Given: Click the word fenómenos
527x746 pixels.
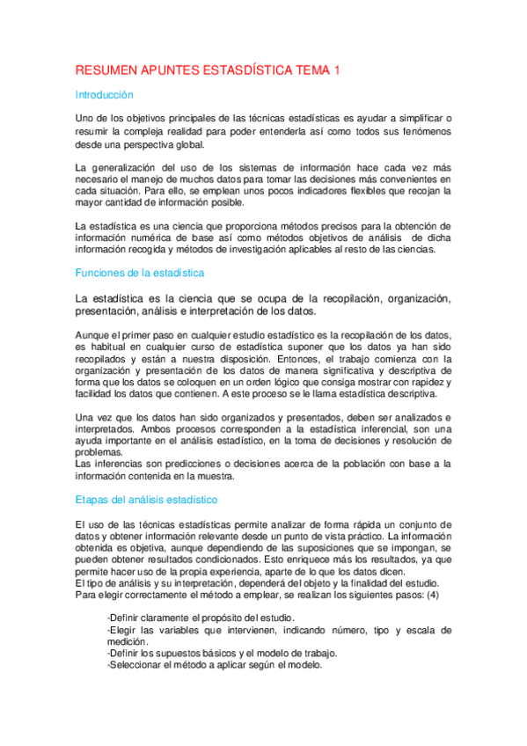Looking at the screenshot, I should click(422, 131).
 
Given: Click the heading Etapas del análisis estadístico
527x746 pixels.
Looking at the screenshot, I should click(146, 500).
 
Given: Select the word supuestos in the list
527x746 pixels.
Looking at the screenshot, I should click(183, 653).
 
